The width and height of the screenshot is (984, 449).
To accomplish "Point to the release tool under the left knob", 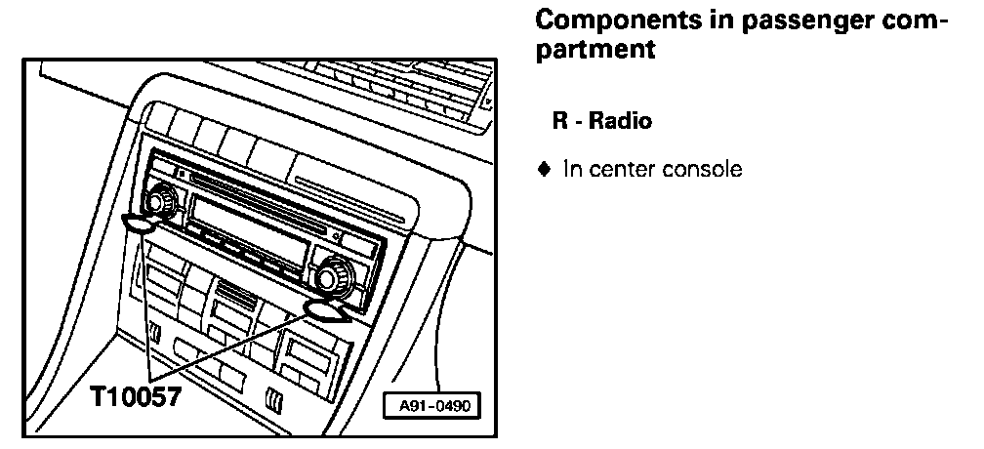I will click(x=141, y=224).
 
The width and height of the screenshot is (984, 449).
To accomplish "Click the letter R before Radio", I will click(x=559, y=122).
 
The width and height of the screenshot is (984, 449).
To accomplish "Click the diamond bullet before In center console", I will click(x=545, y=169).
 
